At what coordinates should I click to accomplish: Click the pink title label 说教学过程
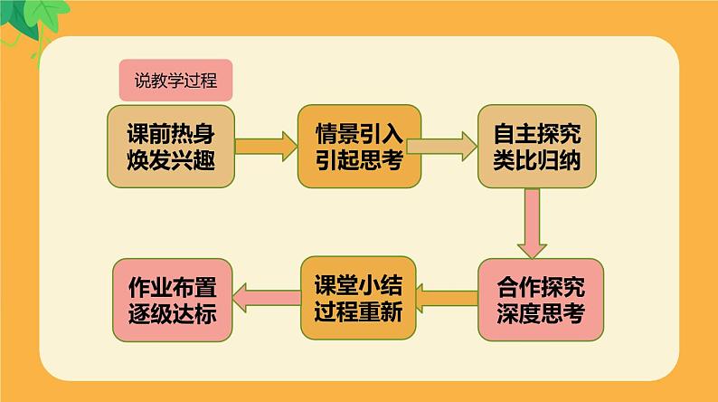point(175,81)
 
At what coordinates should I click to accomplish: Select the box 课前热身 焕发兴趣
point(171,147)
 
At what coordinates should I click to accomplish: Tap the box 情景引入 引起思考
point(360,147)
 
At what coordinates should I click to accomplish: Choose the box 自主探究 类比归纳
point(537,147)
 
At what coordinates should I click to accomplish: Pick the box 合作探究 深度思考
point(541,300)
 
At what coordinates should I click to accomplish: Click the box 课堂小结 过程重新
point(358,298)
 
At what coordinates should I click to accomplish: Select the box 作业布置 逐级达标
point(172,301)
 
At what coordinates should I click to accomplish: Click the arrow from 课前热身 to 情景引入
point(266,147)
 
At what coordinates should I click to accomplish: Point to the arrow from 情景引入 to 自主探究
point(442,147)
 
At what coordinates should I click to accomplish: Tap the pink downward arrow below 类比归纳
point(532,224)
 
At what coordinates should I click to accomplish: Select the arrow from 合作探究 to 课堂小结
point(447,299)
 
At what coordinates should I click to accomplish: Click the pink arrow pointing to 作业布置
point(267,298)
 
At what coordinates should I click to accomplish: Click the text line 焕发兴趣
point(171,160)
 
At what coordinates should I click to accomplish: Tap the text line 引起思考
point(360,160)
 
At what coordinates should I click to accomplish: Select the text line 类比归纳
point(537,160)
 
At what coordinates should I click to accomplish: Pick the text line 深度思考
point(541,313)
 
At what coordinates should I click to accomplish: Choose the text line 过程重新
point(358,311)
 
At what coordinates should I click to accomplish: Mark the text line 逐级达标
point(172,314)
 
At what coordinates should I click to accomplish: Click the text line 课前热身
point(171,133)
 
